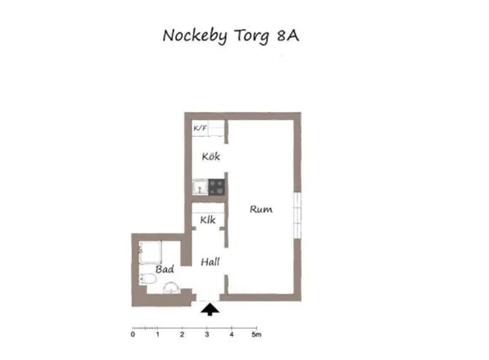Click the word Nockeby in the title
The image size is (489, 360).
[195, 36]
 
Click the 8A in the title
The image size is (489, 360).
[288, 35]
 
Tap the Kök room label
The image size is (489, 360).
[210, 156]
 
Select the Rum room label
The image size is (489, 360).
[261, 209]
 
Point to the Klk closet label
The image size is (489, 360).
[207, 220]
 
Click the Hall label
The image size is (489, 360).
[210, 261]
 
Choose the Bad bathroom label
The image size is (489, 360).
[164, 269]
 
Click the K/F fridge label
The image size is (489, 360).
[200, 128]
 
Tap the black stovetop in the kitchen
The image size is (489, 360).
[217, 187]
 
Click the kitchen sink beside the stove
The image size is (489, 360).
[200, 187]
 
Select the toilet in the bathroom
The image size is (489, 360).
[147, 279]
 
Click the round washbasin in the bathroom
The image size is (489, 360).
[171, 288]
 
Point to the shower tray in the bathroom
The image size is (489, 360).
[150, 252]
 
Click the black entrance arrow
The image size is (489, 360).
[210, 309]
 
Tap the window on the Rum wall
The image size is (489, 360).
[297, 215]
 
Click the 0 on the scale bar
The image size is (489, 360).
[133, 334]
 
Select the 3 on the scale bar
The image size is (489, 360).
[207, 334]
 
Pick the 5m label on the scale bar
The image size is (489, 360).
[257, 334]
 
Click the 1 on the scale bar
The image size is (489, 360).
[157, 334]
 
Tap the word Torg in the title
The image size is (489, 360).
[251, 36]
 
